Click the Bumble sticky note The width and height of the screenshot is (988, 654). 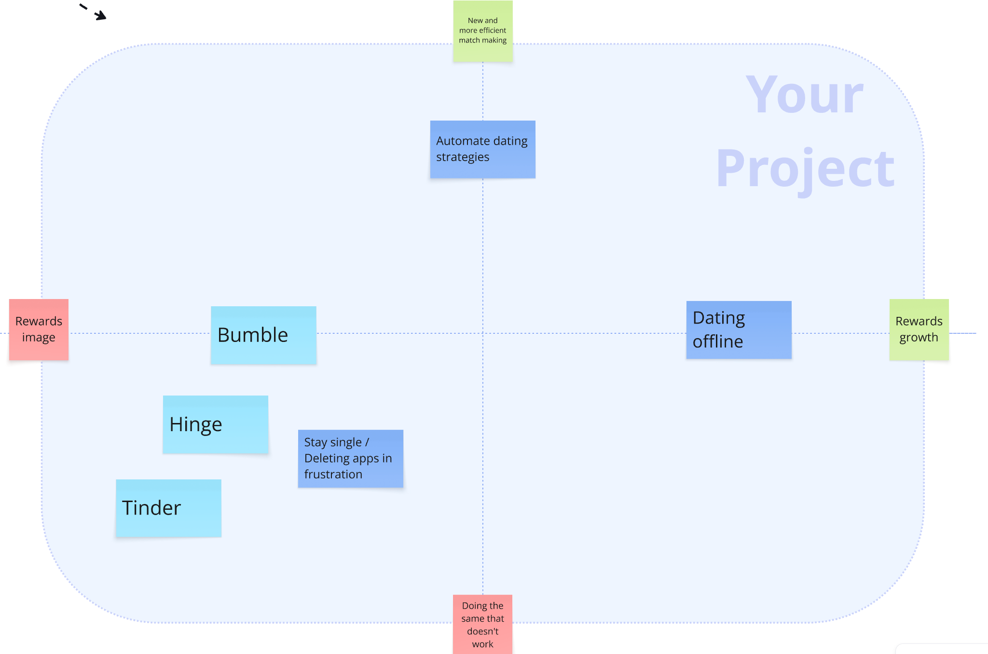(x=263, y=335)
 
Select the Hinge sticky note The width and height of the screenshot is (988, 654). (x=215, y=424)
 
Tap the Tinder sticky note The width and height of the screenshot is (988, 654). (x=168, y=508)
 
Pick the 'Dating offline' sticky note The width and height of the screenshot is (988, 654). (x=739, y=330)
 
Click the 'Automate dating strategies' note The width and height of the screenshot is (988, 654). (x=482, y=149)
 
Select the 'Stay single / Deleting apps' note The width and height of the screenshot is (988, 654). (x=350, y=458)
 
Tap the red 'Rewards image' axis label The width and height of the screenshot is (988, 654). (x=39, y=329)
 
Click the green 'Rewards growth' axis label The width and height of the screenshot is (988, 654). (x=919, y=329)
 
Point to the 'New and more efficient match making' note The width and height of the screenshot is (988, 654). (x=482, y=31)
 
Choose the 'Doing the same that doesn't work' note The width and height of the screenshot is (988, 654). (x=482, y=624)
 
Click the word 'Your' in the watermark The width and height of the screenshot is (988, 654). (x=804, y=95)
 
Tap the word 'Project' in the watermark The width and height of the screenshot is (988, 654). (x=805, y=169)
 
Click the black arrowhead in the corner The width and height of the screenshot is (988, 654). (x=101, y=16)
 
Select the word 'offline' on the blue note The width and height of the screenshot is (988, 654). (x=718, y=341)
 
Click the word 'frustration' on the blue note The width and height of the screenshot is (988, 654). (x=333, y=474)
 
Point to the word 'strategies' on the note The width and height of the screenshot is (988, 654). (x=462, y=157)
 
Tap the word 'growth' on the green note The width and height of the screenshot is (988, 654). (x=919, y=337)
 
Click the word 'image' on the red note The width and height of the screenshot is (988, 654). (x=39, y=337)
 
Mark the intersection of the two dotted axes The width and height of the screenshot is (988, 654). (x=483, y=333)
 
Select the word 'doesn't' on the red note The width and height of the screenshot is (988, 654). (x=482, y=631)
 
